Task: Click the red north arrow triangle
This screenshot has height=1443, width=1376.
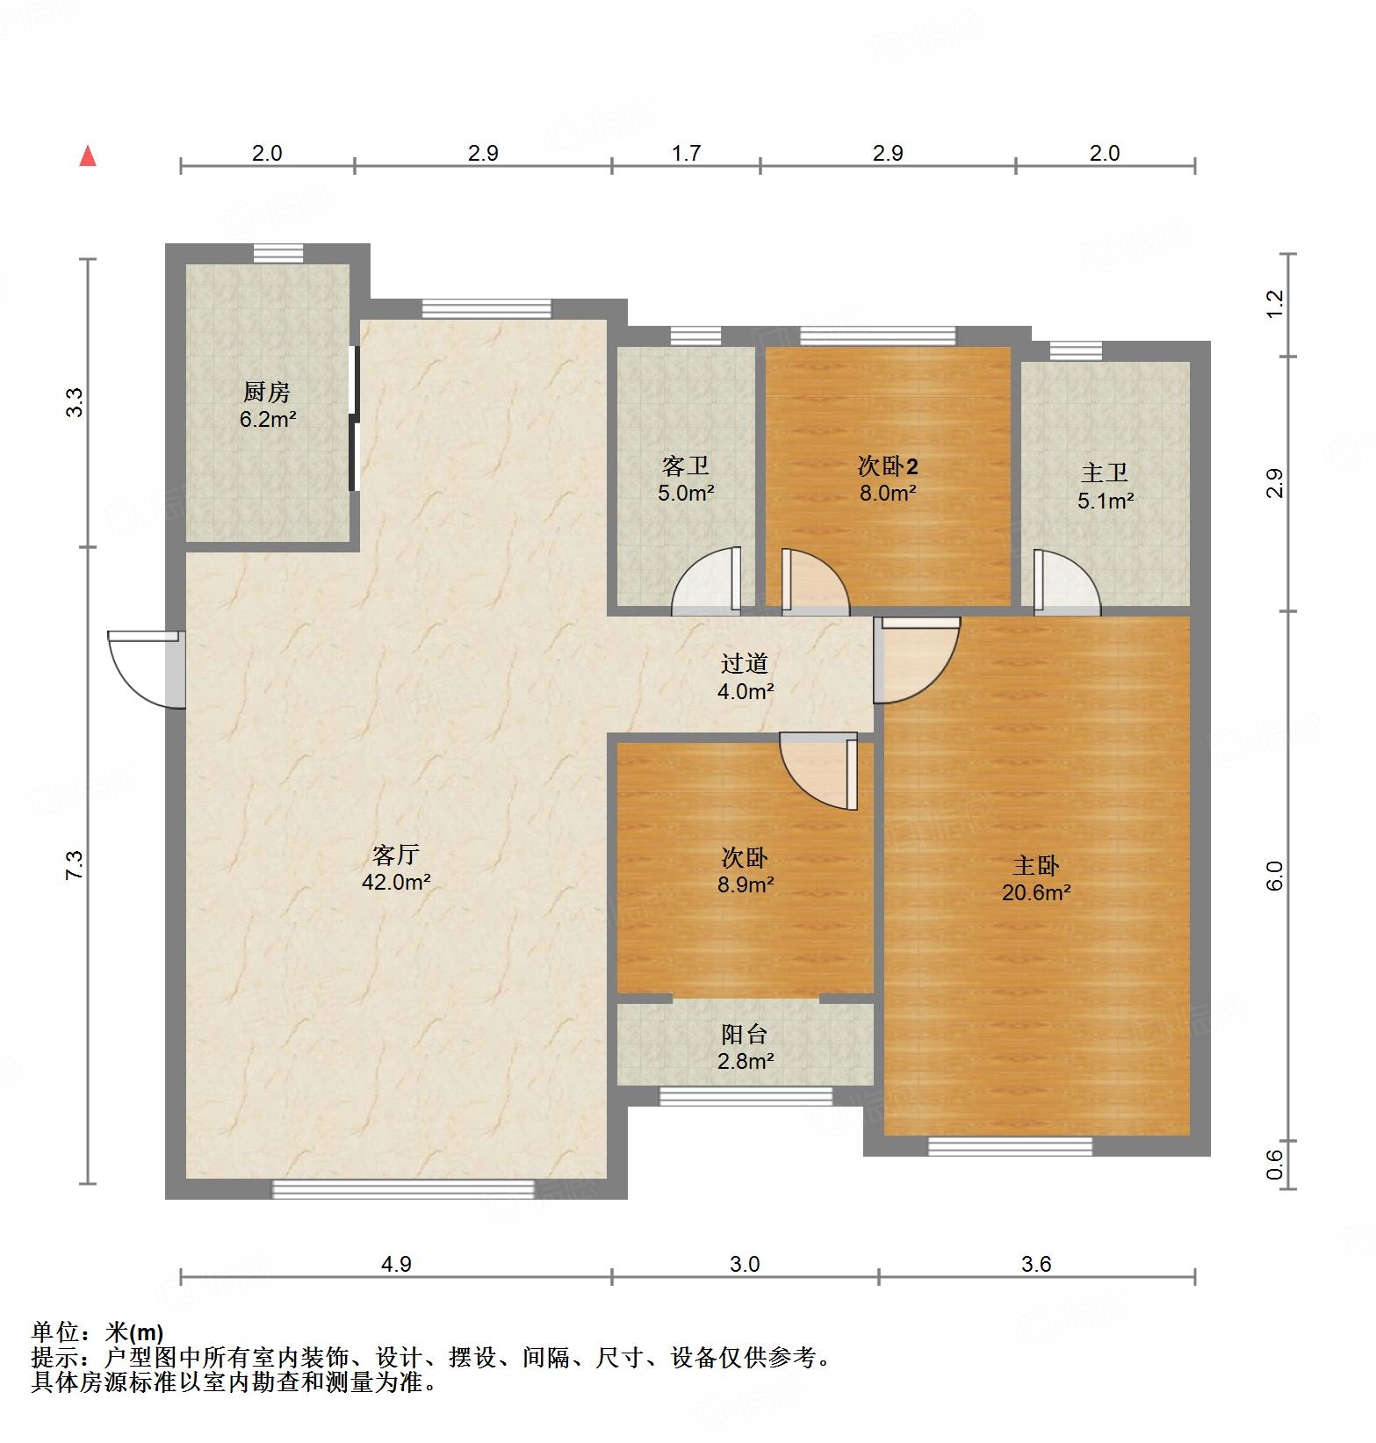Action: point(88,157)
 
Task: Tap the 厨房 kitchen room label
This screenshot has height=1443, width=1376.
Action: point(267,392)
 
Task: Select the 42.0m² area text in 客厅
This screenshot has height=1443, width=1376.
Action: point(396,883)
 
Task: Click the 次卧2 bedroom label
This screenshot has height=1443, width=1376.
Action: point(888,465)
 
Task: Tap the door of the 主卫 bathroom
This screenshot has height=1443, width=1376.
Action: point(1064,581)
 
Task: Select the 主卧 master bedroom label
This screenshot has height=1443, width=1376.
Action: point(1036,866)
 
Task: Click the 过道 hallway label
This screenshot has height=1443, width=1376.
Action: point(745,664)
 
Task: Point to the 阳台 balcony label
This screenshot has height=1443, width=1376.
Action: point(745,1035)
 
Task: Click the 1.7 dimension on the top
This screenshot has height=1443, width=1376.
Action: point(686,154)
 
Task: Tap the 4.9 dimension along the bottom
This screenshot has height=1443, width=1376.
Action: point(396,1264)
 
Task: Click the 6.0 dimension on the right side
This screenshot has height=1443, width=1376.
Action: point(1275,876)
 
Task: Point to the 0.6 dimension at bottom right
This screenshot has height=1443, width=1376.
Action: point(1275,1165)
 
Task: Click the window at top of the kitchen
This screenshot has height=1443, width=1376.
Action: point(278,253)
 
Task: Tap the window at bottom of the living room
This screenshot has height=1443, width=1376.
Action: point(403,1189)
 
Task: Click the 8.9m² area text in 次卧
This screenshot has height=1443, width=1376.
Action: point(745,884)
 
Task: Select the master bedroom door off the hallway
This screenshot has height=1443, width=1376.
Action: point(916,659)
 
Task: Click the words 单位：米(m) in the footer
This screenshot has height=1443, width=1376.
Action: point(97,1332)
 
